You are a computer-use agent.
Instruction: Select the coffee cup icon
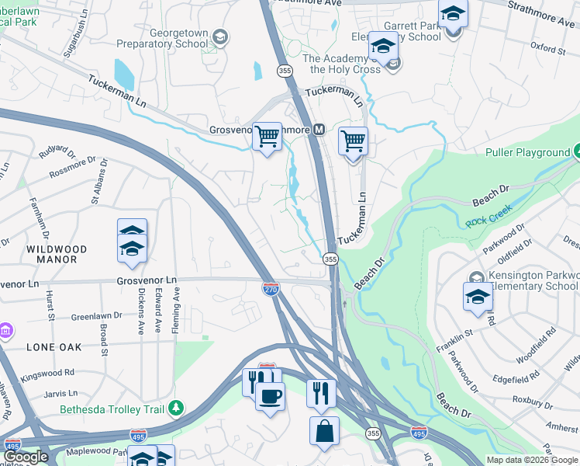270,397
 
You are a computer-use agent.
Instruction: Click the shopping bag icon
324,430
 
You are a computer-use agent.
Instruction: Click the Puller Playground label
527,153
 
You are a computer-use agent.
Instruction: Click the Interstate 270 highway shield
271,289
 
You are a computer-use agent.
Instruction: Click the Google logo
25,456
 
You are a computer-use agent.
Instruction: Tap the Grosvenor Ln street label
147,280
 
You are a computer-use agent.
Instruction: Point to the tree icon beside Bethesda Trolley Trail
177,407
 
